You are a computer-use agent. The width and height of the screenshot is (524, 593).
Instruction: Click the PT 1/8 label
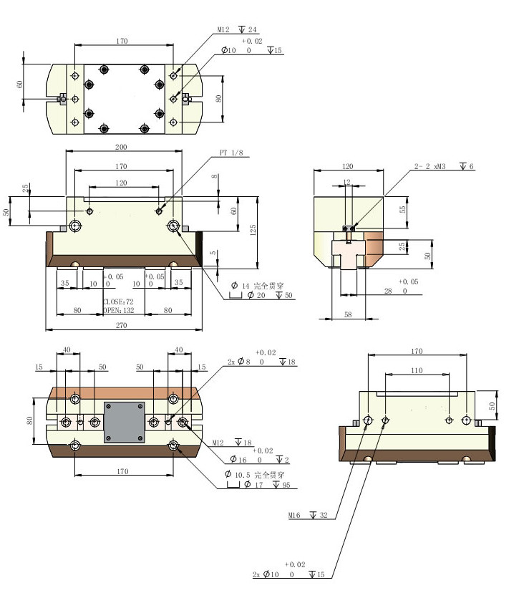point(231,153)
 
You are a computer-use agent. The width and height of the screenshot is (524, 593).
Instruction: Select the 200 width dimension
point(121,147)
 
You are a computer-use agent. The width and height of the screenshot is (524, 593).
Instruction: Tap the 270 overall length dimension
point(121,325)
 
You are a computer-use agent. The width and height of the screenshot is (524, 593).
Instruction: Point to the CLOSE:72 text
point(118,302)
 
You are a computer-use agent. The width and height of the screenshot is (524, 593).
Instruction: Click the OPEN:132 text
point(118,311)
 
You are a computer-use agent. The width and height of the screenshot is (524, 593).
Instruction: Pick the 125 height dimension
point(253,230)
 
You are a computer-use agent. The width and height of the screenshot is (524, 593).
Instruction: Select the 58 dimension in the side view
point(348,314)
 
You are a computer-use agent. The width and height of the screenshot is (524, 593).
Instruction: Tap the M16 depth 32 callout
point(308,515)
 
